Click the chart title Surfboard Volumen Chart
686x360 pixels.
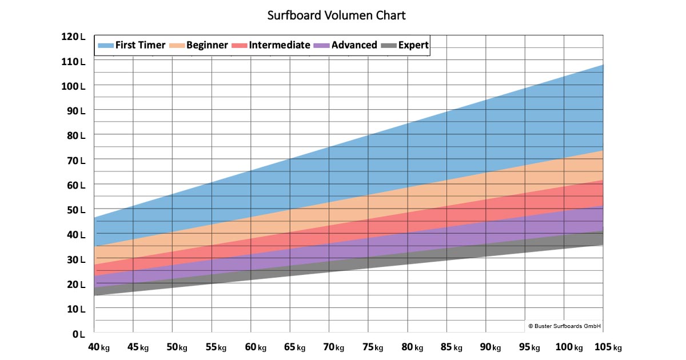(336, 15)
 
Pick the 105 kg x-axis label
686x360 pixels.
(608, 347)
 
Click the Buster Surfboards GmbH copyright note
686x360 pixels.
(564, 326)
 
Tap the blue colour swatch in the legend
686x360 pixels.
(106, 46)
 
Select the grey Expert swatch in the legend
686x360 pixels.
(389, 46)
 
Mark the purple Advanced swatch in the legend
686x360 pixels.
(322, 46)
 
